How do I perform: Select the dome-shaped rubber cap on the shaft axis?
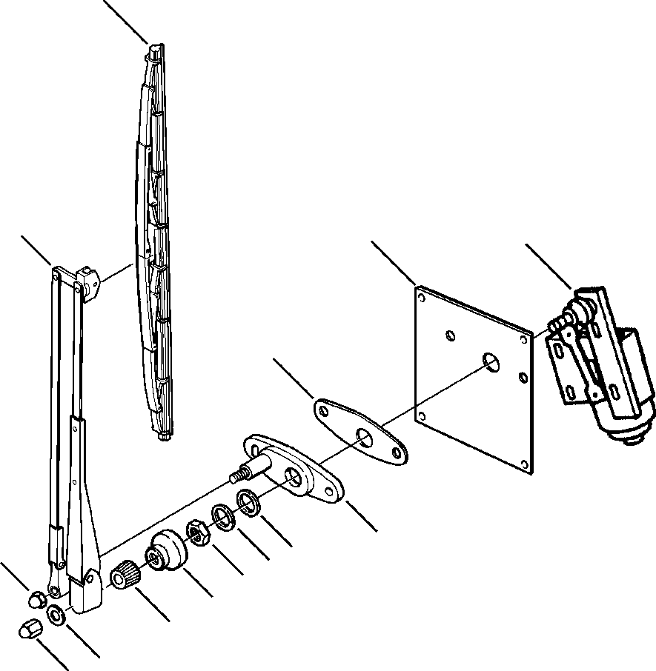point(168,552)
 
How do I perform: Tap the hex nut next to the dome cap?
point(199,531)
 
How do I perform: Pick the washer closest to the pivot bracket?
point(248,501)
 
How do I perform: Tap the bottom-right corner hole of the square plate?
point(526,465)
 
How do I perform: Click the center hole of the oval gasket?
point(363,437)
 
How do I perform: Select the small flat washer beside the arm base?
point(56,615)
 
